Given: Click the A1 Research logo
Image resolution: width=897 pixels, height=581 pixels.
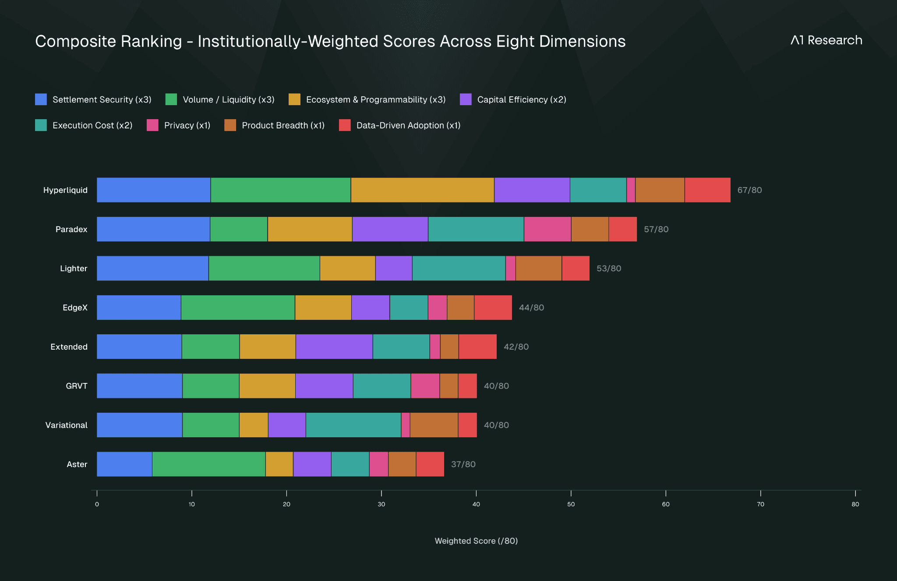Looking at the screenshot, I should point(826,40).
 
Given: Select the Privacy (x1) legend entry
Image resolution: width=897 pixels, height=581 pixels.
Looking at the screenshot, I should point(179,125).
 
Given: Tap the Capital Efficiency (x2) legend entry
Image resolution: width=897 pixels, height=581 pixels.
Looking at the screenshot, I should point(513,99).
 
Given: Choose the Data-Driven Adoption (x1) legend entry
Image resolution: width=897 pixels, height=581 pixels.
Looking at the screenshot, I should point(400,125).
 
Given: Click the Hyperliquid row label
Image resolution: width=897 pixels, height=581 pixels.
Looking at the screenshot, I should point(65,190).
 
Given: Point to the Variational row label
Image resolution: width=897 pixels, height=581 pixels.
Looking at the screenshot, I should point(67,425).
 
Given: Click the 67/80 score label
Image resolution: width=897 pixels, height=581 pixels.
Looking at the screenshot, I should point(749,190).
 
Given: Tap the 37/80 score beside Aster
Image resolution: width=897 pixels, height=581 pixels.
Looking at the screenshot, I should point(463,464).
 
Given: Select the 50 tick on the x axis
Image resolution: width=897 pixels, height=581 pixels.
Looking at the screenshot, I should point(571,504).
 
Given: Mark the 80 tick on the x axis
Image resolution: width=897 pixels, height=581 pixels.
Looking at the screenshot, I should point(855,504).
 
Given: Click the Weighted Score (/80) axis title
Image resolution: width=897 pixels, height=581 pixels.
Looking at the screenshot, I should point(476,541).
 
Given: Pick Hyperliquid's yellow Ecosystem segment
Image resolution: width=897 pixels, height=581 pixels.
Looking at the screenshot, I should point(422,190).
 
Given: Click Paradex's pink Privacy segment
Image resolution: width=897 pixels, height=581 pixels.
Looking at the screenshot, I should point(547,229).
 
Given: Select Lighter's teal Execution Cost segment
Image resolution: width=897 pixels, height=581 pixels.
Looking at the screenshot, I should point(459,268).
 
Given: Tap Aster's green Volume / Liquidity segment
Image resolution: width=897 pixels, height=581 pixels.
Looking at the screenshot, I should point(208,464).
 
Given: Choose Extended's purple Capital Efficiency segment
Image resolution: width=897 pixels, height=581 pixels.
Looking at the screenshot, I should point(334,347).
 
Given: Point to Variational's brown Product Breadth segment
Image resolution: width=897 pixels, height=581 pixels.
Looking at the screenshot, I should point(434,425).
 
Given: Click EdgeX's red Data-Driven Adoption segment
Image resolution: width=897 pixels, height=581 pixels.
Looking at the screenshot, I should point(493,308).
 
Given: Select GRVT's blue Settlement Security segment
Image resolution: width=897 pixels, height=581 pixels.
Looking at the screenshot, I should point(139,386).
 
